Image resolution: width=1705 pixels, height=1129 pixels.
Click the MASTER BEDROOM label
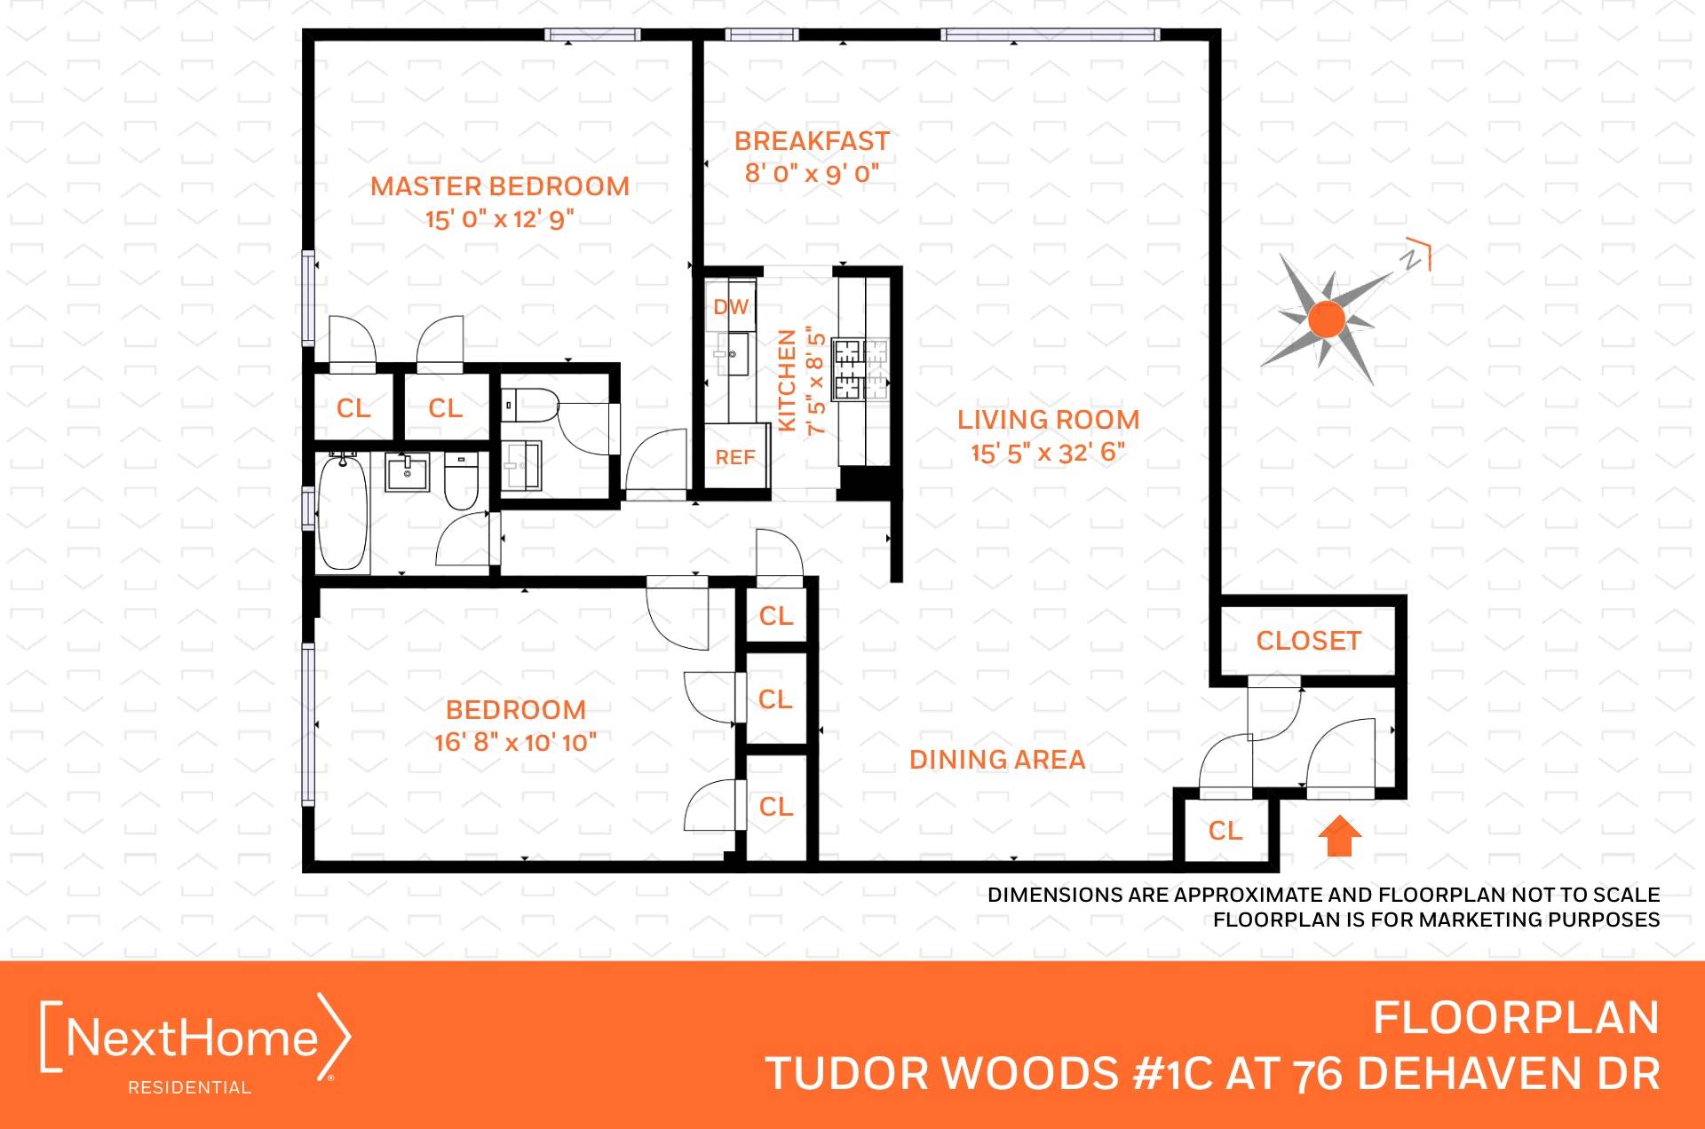point(500,186)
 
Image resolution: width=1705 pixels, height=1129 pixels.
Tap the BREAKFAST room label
point(812,141)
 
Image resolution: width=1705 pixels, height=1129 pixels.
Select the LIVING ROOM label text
point(1048,420)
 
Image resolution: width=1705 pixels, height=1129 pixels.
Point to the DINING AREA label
point(997,760)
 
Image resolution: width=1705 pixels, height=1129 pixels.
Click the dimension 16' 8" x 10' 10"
point(516,742)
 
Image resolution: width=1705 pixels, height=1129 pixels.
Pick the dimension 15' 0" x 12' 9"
point(500,218)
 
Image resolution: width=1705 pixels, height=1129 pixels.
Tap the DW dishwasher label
point(731,307)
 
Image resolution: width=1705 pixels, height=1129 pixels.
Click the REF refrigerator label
point(735,457)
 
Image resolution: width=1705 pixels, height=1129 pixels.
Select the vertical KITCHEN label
point(787,381)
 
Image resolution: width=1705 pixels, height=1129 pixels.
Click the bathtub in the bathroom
point(343,511)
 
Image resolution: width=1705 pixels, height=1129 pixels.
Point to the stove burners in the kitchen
point(860,368)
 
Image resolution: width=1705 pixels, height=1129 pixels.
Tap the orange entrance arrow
point(1339,836)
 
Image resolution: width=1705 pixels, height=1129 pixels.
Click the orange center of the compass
point(1328,320)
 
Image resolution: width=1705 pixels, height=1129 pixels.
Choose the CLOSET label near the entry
point(1308,641)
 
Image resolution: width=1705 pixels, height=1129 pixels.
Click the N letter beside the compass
point(1410,260)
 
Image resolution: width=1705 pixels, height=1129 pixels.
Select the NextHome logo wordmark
point(193,1038)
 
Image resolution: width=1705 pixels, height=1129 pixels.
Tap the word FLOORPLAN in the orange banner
point(1516,1018)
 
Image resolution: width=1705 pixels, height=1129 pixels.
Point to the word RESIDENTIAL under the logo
point(190,1087)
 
